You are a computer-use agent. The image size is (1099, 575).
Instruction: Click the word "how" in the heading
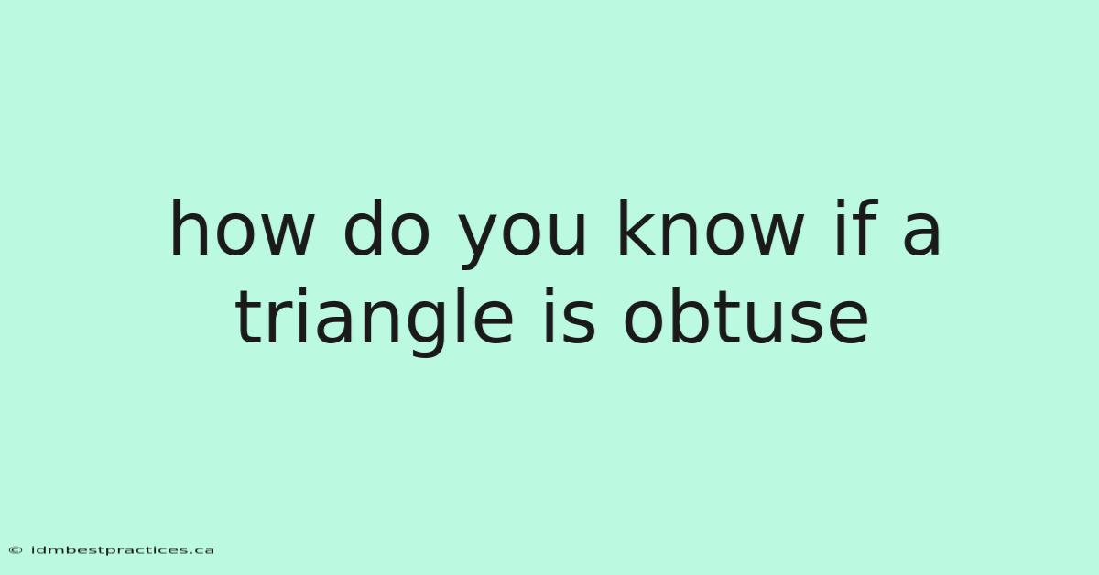(242, 228)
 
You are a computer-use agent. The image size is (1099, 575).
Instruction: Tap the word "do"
(386, 228)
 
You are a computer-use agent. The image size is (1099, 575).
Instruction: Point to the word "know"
(711, 228)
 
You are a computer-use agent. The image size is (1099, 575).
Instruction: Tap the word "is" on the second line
(569, 316)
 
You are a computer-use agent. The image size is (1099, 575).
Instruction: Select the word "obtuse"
(745, 316)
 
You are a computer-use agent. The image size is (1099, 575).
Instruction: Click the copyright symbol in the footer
(16, 550)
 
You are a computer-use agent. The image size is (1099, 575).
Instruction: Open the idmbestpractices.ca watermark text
(123, 550)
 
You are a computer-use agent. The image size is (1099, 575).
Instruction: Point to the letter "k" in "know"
(637, 228)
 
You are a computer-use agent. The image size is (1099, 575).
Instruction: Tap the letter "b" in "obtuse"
(695, 316)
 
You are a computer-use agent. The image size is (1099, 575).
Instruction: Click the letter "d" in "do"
(363, 228)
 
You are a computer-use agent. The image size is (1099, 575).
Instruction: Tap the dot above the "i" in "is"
(549, 291)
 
